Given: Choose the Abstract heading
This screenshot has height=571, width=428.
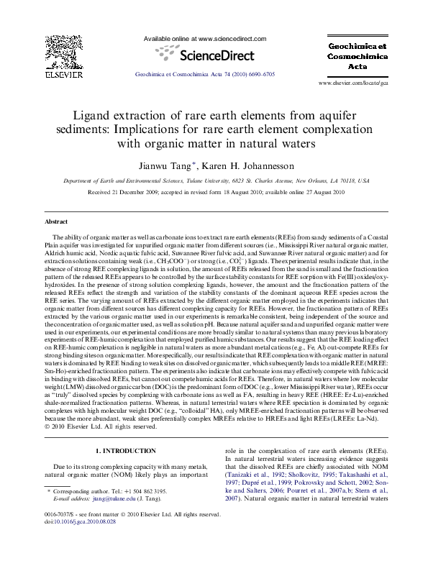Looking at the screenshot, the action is point(56,221).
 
